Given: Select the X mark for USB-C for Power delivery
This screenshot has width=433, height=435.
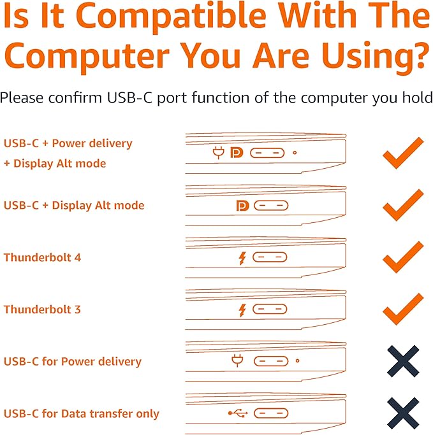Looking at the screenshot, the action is click(x=403, y=361).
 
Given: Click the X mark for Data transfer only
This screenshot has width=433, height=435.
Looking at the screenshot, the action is click(x=403, y=413).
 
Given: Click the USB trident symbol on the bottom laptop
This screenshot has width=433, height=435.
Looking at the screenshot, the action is click(x=238, y=413).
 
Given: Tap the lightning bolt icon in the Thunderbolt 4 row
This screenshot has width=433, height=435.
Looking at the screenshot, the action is click(x=242, y=259).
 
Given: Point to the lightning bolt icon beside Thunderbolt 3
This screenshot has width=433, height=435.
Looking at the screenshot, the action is click(x=242, y=310).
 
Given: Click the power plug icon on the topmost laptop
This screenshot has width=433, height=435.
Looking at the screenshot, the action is click(x=219, y=153).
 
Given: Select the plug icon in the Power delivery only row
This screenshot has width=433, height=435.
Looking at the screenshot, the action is click(x=237, y=360).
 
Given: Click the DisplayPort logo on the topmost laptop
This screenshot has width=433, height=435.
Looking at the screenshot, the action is click(x=237, y=153).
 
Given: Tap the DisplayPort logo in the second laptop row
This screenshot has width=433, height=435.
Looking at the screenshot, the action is click(x=243, y=206).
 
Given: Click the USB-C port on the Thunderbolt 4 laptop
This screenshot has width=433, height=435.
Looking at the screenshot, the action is click(x=270, y=257).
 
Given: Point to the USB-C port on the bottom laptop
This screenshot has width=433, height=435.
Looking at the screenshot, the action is click(x=271, y=413).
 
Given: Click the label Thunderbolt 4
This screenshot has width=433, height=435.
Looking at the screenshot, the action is click(x=42, y=257).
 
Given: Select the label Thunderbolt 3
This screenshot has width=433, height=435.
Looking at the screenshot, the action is click(x=42, y=310).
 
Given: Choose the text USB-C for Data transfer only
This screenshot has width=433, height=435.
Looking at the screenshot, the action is click(x=82, y=413).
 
